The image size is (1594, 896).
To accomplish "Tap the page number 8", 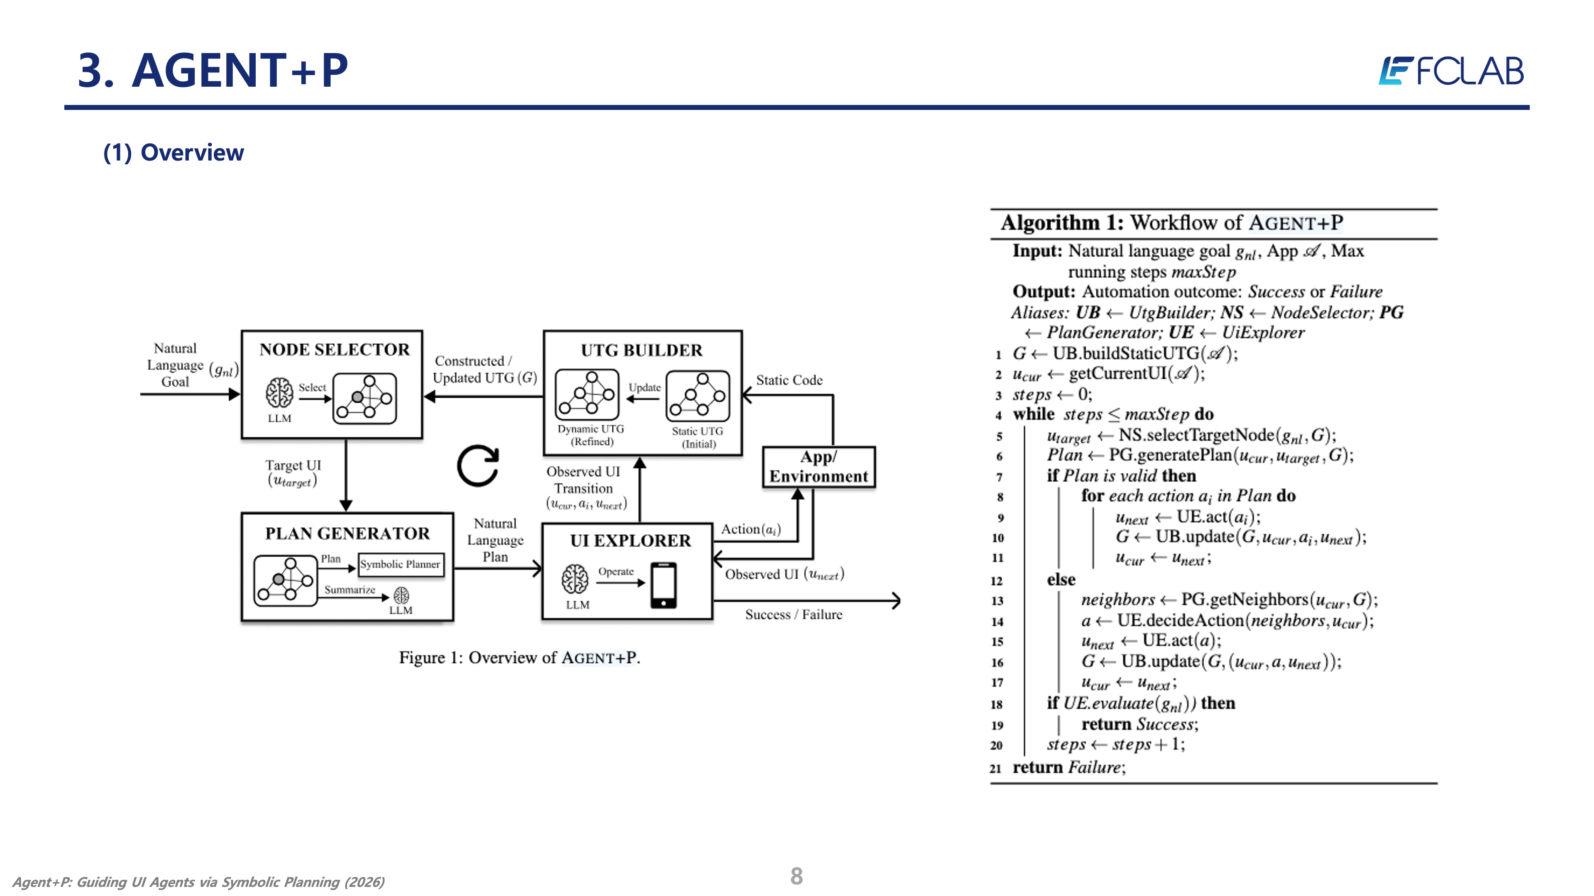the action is pyautogui.click(x=797, y=876).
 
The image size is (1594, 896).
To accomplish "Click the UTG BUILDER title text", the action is pyautogui.click(x=642, y=350).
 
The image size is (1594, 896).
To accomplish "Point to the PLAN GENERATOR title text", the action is pyautogui.click(x=347, y=533).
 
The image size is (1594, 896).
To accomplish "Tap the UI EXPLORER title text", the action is pyautogui.click(x=631, y=541).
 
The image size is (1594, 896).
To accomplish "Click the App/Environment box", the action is pyautogui.click(x=819, y=467).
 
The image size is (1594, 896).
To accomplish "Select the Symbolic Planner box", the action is pyautogui.click(x=400, y=565).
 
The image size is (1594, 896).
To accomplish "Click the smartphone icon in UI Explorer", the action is pyautogui.click(x=663, y=585).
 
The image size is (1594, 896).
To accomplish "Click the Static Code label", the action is pyautogui.click(x=789, y=380).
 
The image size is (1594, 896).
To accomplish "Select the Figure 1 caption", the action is pyautogui.click(x=519, y=657).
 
